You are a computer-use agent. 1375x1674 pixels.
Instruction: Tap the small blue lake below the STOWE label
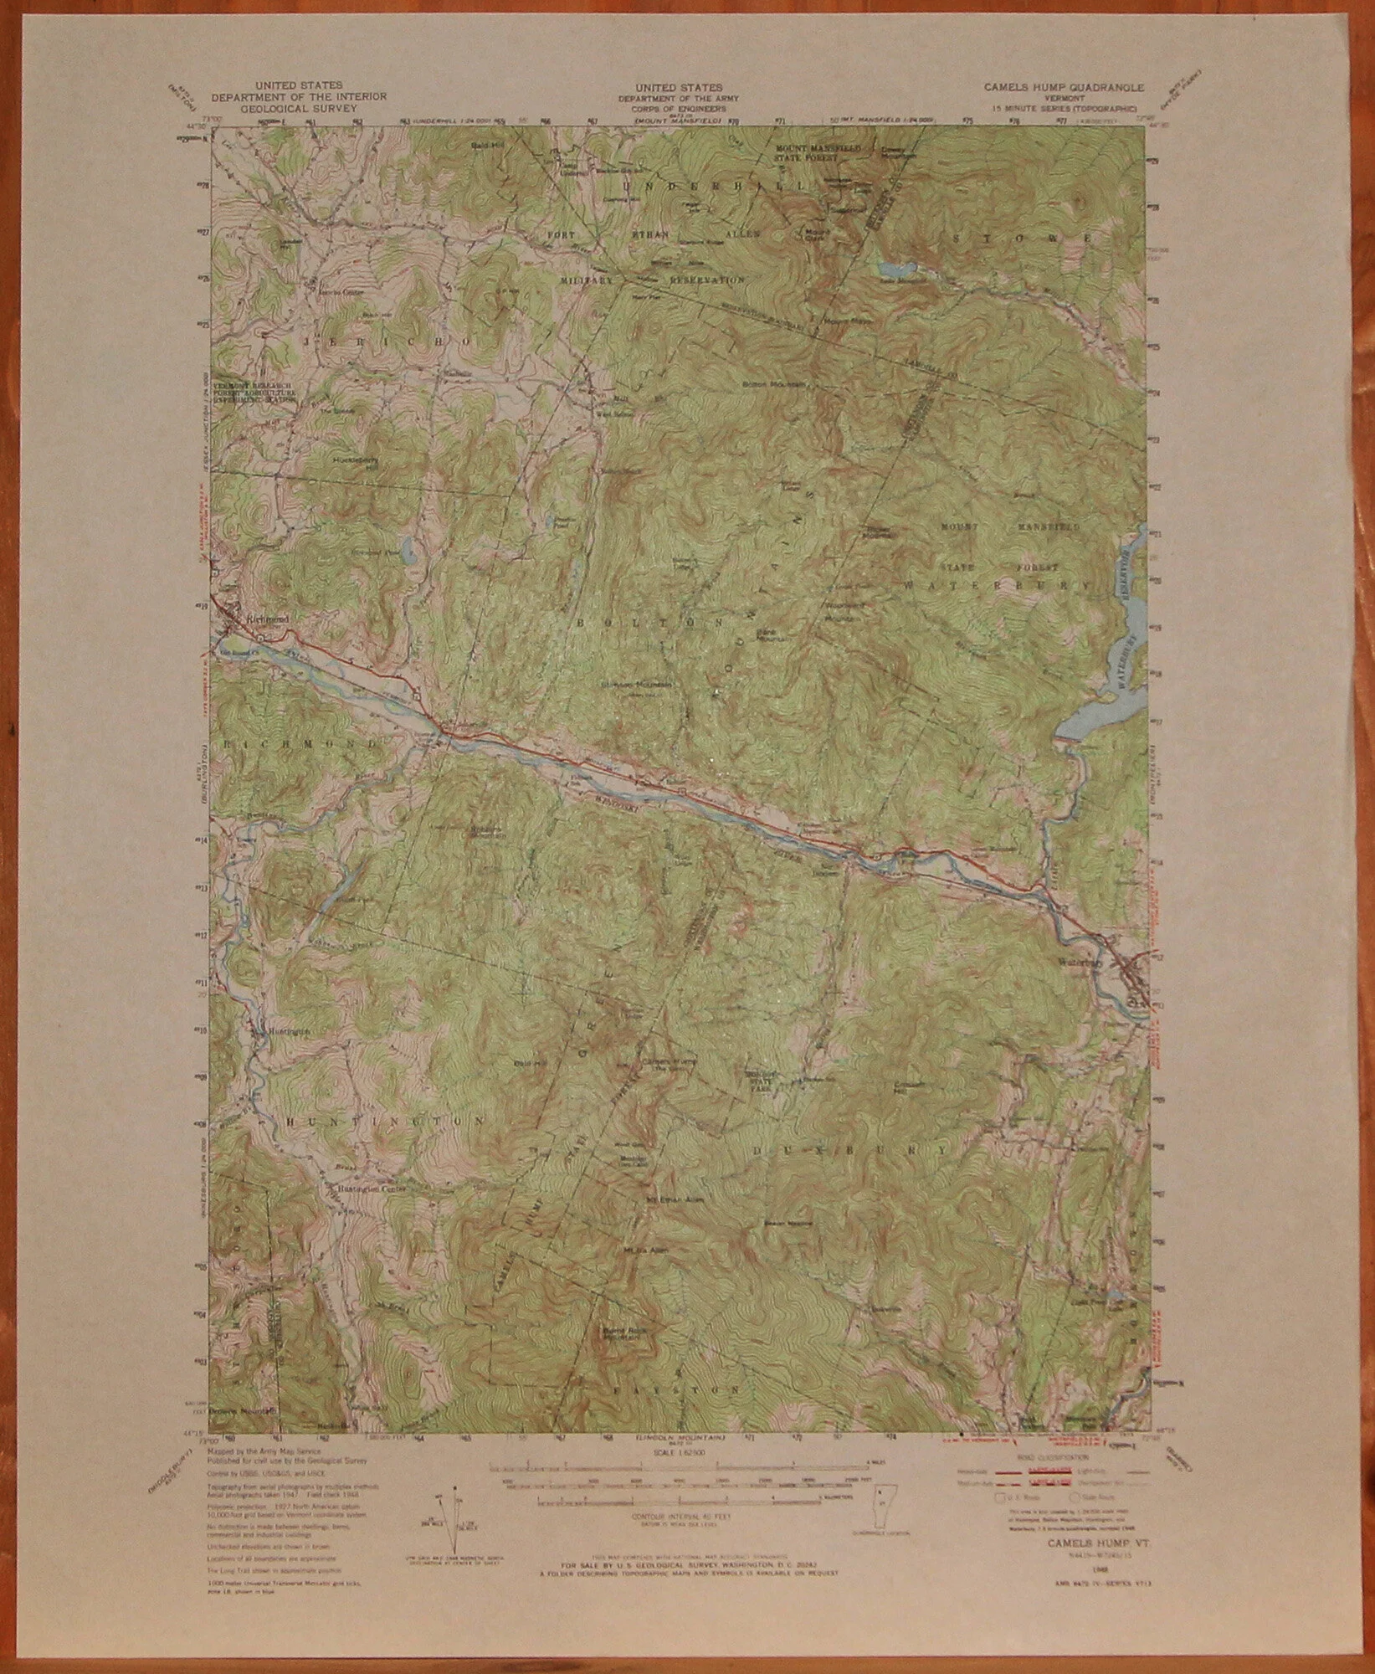(x=894, y=270)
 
